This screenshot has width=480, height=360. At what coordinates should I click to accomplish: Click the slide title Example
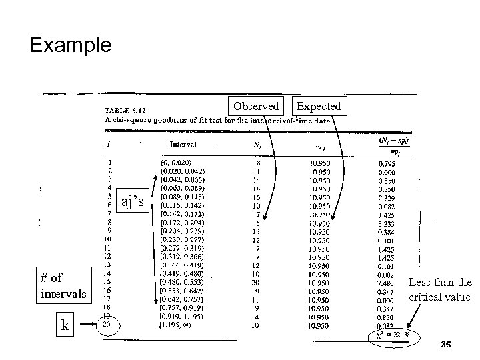(x=70, y=45)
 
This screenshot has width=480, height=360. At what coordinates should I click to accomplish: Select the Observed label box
(x=256, y=106)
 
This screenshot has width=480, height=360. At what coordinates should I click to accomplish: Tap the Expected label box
(x=319, y=106)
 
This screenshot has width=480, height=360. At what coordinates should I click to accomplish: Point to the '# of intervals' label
(x=62, y=285)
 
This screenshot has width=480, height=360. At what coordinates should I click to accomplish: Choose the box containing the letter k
(x=65, y=326)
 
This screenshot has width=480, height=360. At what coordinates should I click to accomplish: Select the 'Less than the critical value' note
(x=439, y=289)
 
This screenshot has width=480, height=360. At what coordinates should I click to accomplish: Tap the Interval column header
(x=182, y=143)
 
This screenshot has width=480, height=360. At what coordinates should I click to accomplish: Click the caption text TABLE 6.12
(x=127, y=111)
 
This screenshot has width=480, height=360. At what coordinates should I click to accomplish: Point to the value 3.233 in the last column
(x=385, y=225)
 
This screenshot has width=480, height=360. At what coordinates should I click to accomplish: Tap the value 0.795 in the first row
(x=385, y=162)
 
